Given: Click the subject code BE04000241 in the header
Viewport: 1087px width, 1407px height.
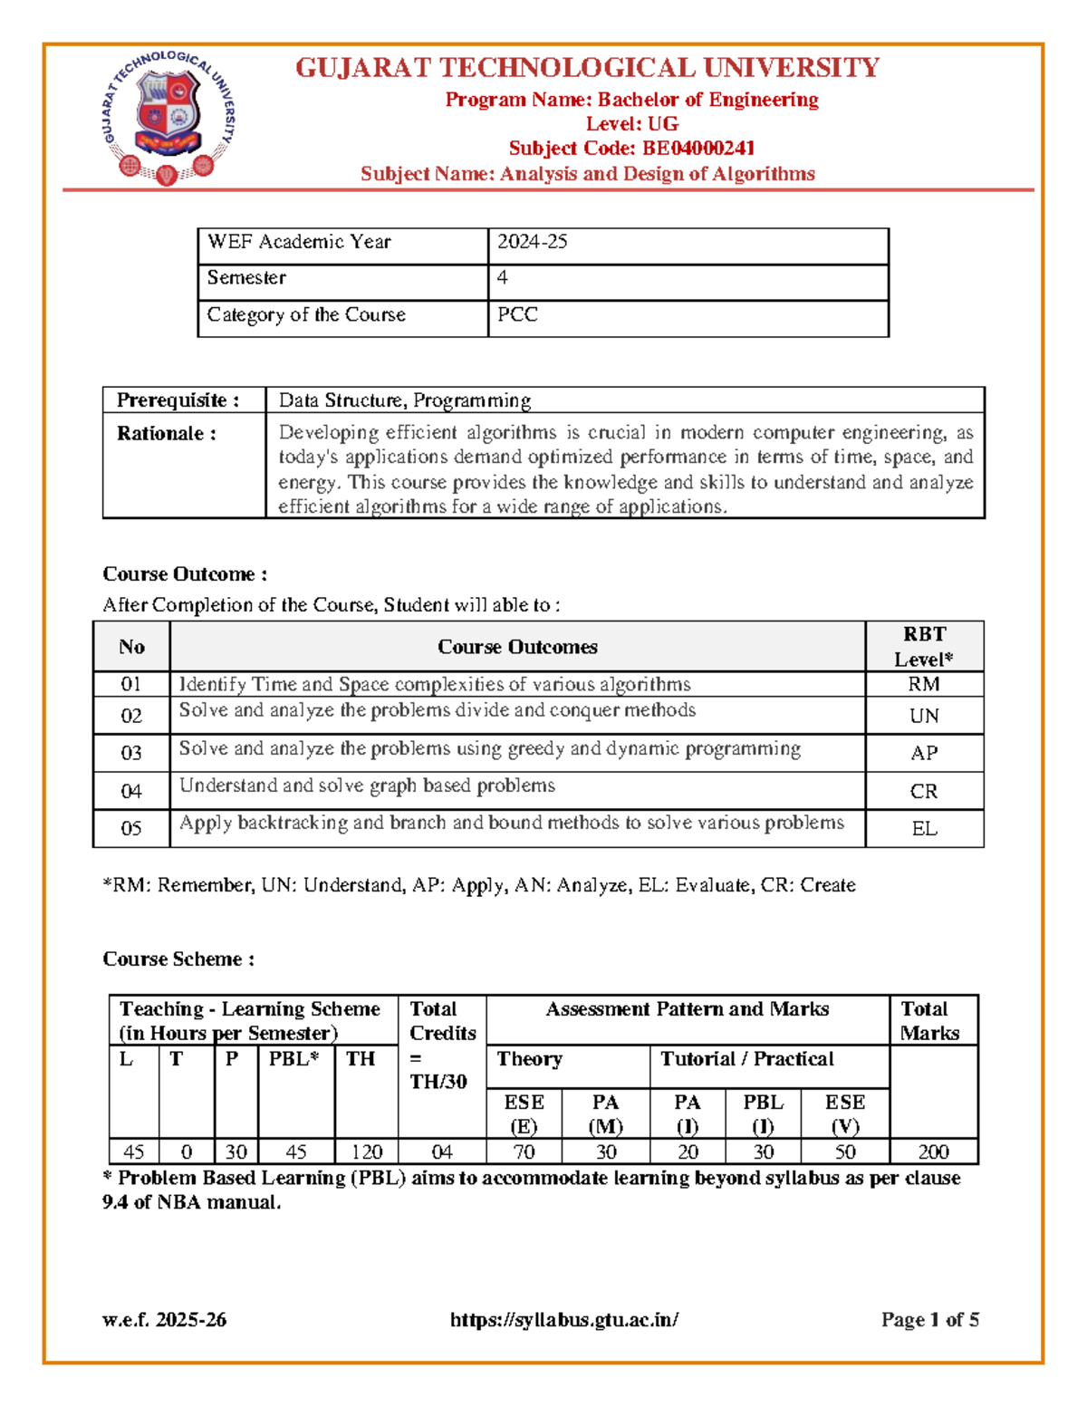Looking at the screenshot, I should (x=631, y=149).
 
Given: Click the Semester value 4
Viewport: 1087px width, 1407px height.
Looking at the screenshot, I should (x=503, y=278).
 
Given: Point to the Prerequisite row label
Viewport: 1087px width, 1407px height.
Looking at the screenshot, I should (x=178, y=400).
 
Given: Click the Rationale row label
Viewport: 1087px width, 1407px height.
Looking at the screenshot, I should (x=167, y=434).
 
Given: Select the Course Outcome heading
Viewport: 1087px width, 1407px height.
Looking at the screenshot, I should (x=185, y=574).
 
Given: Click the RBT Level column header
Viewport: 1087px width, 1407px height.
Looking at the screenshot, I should (x=923, y=647).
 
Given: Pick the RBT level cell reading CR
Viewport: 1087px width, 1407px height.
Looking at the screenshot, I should (x=923, y=792).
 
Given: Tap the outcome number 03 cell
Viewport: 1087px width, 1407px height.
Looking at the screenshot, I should (x=131, y=753).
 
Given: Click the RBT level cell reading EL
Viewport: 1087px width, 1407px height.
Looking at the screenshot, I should (x=924, y=829).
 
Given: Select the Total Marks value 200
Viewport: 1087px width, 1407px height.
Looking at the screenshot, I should (x=933, y=1152).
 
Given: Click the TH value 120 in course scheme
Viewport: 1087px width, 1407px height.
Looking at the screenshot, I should (x=367, y=1152).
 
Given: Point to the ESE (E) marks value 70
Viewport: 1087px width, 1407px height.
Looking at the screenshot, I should (x=524, y=1152).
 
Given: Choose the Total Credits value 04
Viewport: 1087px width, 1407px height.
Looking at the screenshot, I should (x=441, y=1152).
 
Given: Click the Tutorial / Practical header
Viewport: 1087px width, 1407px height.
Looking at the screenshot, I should (x=746, y=1059).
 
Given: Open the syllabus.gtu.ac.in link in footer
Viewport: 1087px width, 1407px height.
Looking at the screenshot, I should (x=564, y=1320).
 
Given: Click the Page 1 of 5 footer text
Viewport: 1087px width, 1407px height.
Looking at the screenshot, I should (x=929, y=1320).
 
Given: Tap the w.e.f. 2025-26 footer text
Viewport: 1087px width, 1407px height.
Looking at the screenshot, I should (x=165, y=1320).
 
